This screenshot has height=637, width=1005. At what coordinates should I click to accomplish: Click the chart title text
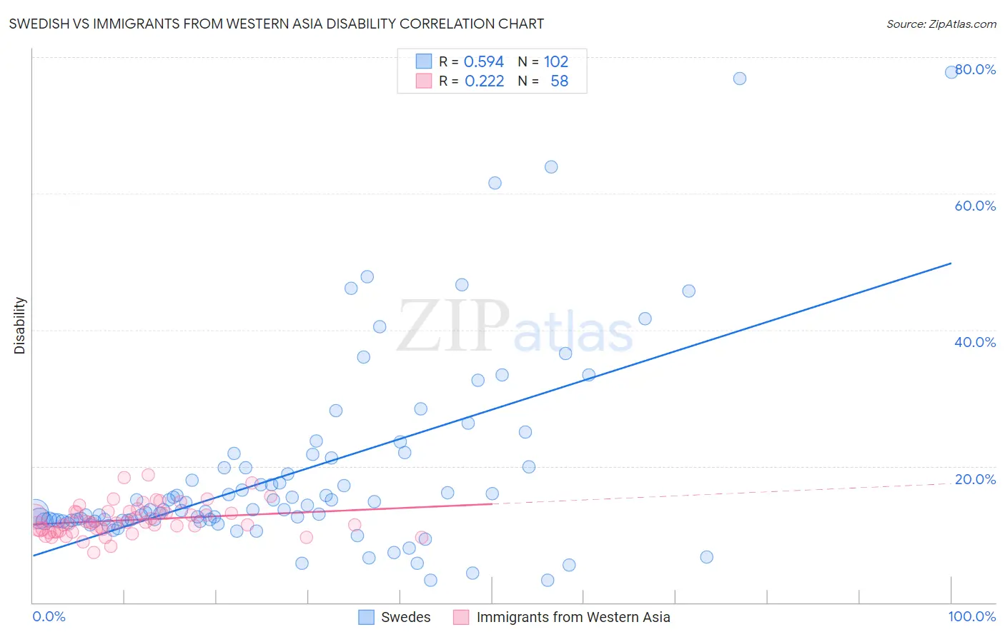point(276,24)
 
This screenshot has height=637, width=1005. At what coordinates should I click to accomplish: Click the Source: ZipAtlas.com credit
point(941,24)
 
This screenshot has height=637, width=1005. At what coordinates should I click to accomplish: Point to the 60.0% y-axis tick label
point(975,206)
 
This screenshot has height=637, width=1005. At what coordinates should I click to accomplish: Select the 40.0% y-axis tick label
point(975,342)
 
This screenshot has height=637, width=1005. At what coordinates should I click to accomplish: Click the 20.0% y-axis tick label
point(975,479)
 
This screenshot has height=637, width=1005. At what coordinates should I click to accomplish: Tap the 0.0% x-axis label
point(49,616)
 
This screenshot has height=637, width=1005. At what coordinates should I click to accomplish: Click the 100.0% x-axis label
point(971,616)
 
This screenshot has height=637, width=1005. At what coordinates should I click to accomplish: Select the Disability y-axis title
point(20,326)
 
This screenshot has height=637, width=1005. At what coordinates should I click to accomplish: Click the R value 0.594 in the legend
point(484,62)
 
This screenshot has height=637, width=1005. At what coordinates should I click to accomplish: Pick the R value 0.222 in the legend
point(484,81)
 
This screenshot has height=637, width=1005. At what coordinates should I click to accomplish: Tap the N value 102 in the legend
point(556,62)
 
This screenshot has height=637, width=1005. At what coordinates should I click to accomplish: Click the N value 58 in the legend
point(559,81)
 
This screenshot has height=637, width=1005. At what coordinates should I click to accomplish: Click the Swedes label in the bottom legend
point(405,617)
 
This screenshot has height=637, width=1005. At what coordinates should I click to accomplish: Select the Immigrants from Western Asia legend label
point(573,617)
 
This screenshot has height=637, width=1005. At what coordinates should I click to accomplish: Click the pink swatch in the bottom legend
point(461,617)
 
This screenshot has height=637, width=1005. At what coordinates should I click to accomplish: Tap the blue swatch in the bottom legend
point(366,617)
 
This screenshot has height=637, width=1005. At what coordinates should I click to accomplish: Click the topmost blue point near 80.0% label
point(740,79)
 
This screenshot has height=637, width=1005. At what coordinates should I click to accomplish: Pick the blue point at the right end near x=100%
point(951,71)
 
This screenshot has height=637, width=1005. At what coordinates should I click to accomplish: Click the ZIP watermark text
point(453,327)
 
